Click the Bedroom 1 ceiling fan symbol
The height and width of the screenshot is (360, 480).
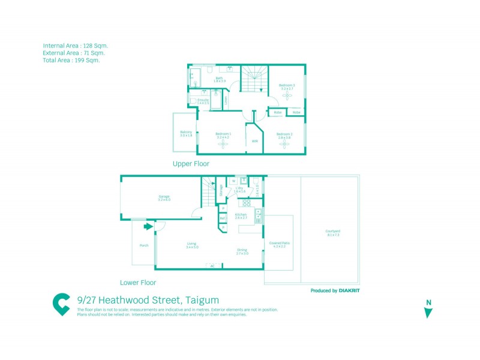tap(223, 143)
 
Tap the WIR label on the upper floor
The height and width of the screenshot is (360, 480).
tap(254, 141)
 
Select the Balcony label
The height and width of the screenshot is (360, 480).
tap(186, 133)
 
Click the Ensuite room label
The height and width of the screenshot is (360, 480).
tap(203, 101)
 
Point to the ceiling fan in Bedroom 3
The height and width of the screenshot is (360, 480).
tap(287, 96)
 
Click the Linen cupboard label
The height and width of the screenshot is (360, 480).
tap(226, 100)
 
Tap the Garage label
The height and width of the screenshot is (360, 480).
tap(164, 197)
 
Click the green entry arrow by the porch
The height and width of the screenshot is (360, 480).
tap(148, 227)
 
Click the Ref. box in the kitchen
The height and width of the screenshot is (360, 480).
tap(223, 218)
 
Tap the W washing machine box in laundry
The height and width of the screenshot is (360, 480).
tap(233, 181)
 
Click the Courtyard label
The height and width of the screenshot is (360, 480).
tap(334, 233)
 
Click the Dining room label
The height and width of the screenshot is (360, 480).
tap(242, 251)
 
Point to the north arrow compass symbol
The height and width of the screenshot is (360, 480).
tap(428, 310)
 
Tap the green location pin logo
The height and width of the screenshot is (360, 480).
tap(62, 304)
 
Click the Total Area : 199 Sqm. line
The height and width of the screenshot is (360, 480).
tap(71, 60)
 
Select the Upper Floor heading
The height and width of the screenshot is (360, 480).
tap(191, 163)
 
